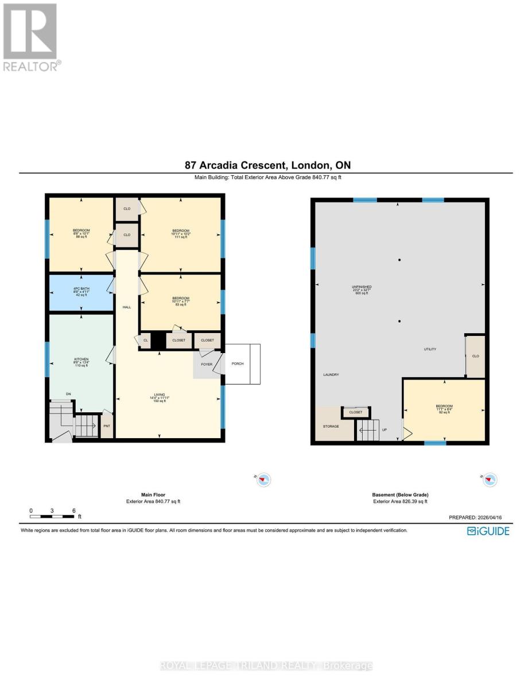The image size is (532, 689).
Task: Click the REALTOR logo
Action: click(x=30, y=37)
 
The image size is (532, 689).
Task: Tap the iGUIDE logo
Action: click(x=488, y=531)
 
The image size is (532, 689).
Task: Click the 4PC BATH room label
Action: click(x=80, y=292)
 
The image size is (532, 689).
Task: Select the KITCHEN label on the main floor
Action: click(x=81, y=361)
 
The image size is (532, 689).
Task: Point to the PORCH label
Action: click(x=238, y=363)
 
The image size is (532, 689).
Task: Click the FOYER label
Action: click(x=207, y=364)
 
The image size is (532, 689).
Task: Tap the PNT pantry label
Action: click(x=107, y=426)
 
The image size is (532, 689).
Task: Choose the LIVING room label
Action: click(x=159, y=397)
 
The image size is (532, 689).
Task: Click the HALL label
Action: click(x=127, y=307)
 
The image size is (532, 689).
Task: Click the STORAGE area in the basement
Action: click(x=331, y=426)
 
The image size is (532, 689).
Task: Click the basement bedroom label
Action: click(x=444, y=409)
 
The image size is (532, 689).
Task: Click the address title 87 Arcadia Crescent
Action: click(x=267, y=165)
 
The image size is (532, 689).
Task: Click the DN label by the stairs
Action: click(x=68, y=394)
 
